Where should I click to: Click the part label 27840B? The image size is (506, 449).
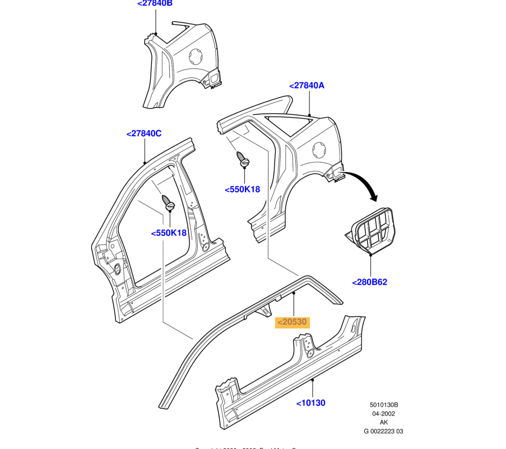[x=155, y=3]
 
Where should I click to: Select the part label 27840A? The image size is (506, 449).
[x=307, y=86]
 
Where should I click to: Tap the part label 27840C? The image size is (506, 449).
[x=144, y=133]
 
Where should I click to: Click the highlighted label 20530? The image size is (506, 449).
[x=293, y=322]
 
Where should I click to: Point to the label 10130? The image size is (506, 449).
[x=311, y=402]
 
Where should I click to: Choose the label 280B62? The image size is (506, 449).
[x=369, y=282]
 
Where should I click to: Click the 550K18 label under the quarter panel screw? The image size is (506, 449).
[x=243, y=189]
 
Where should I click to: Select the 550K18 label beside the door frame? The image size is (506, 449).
[x=169, y=233]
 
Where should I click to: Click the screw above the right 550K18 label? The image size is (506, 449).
[x=243, y=159]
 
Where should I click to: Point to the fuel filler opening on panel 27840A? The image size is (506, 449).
[x=318, y=150]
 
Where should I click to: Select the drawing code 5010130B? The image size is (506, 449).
[x=383, y=405]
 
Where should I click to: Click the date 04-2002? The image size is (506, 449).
[x=383, y=414]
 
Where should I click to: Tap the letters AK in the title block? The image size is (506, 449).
[x=383, y=423]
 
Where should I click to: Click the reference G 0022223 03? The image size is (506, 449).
[x=383, y=432]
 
